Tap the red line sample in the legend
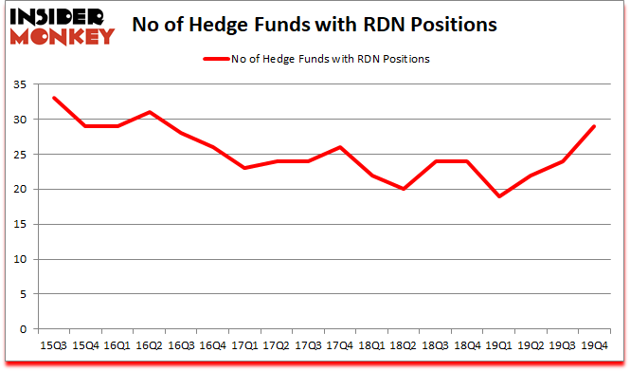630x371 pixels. pyautogui.click(x=216, y=59)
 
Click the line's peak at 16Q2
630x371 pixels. pyautogui.click(x=148, y=112)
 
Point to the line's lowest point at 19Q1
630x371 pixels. pyautogui.click(x=499, y=196)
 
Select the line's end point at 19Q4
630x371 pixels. pyautogui.click(x=595, y=126)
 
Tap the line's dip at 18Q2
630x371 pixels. pyautogui.click(x=404, y=189)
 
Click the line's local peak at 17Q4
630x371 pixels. pyautogui.click(x=339, y=147)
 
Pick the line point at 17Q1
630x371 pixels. pyautogui.click(x=243, y=168)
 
